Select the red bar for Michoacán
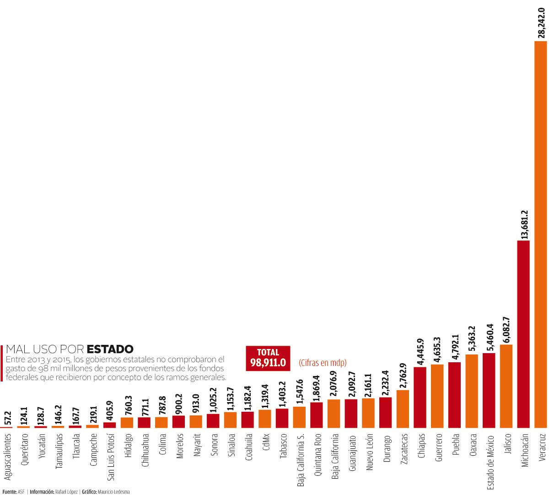click(x=523, y=334)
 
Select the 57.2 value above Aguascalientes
click(x=8, y=417)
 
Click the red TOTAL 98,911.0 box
click(x=268, y=358)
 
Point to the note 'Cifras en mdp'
click(x=323, y=363)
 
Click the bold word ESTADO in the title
click(x=110, y=349)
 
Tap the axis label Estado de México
click(x=490, y=461)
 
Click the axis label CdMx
click(x=266, y=442)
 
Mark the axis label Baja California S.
click(x=301, y=459)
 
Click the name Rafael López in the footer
click(x=66, y=492)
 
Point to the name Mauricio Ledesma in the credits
click(x=114, y=492)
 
